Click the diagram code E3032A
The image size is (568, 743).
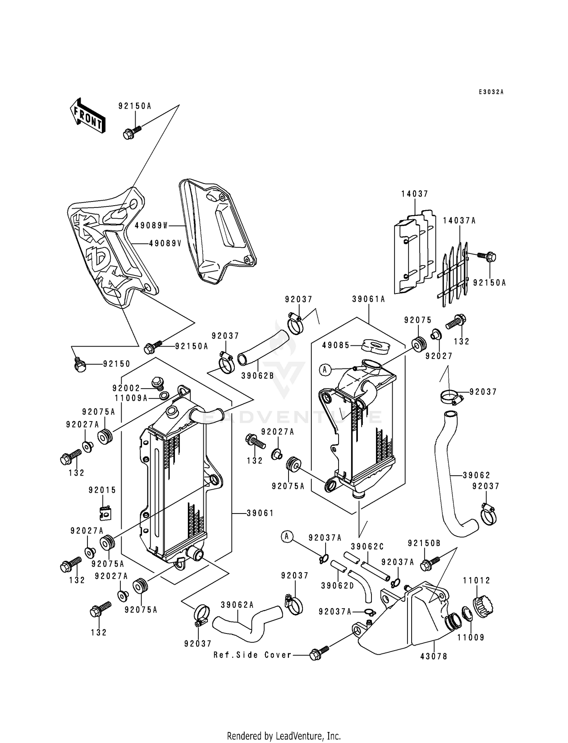(491, 92)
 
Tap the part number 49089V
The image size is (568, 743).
(165, 244)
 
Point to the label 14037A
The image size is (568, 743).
(459, 221)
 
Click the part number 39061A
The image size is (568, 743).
(368, 299)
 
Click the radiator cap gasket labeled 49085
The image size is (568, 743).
(375, 346)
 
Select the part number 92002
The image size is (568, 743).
(126, 388)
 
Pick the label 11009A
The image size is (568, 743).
(131, 398)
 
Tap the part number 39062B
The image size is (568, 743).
(257, 367)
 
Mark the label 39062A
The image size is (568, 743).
(237, 605)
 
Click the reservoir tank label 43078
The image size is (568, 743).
(434, 656)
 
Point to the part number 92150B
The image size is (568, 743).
(424, 543)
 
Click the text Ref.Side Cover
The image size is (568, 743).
(253, 655)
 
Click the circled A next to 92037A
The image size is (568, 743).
(287, 536)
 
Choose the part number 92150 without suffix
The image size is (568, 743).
(117, 364)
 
